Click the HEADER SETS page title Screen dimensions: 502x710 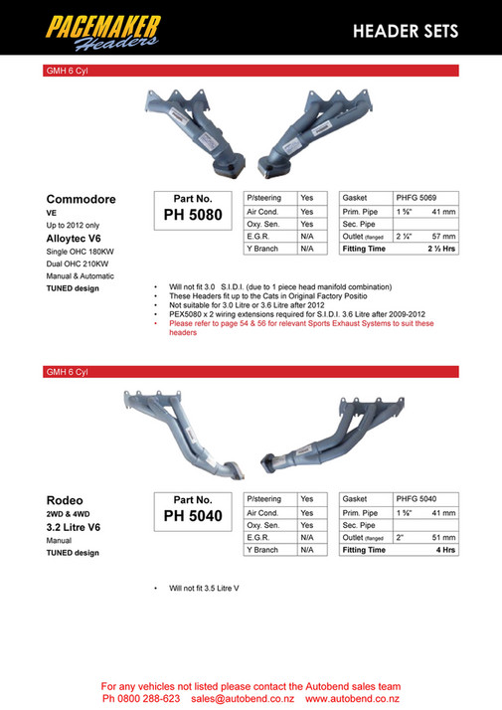tap(405, 32)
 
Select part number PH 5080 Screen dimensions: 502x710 tap(193, 214)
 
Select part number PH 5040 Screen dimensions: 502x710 tap(193, 515)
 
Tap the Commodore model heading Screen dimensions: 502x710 tap(82, 199)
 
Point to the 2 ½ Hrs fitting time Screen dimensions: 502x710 tap(440, 250)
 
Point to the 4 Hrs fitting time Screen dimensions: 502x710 tap(444, 550)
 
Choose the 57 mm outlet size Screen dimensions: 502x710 tap(443, 237)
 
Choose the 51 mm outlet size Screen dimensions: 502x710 tap(443, 537)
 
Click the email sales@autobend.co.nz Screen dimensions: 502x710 tap(238, 699)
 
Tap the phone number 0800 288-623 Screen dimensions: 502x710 tap(149, 699)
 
